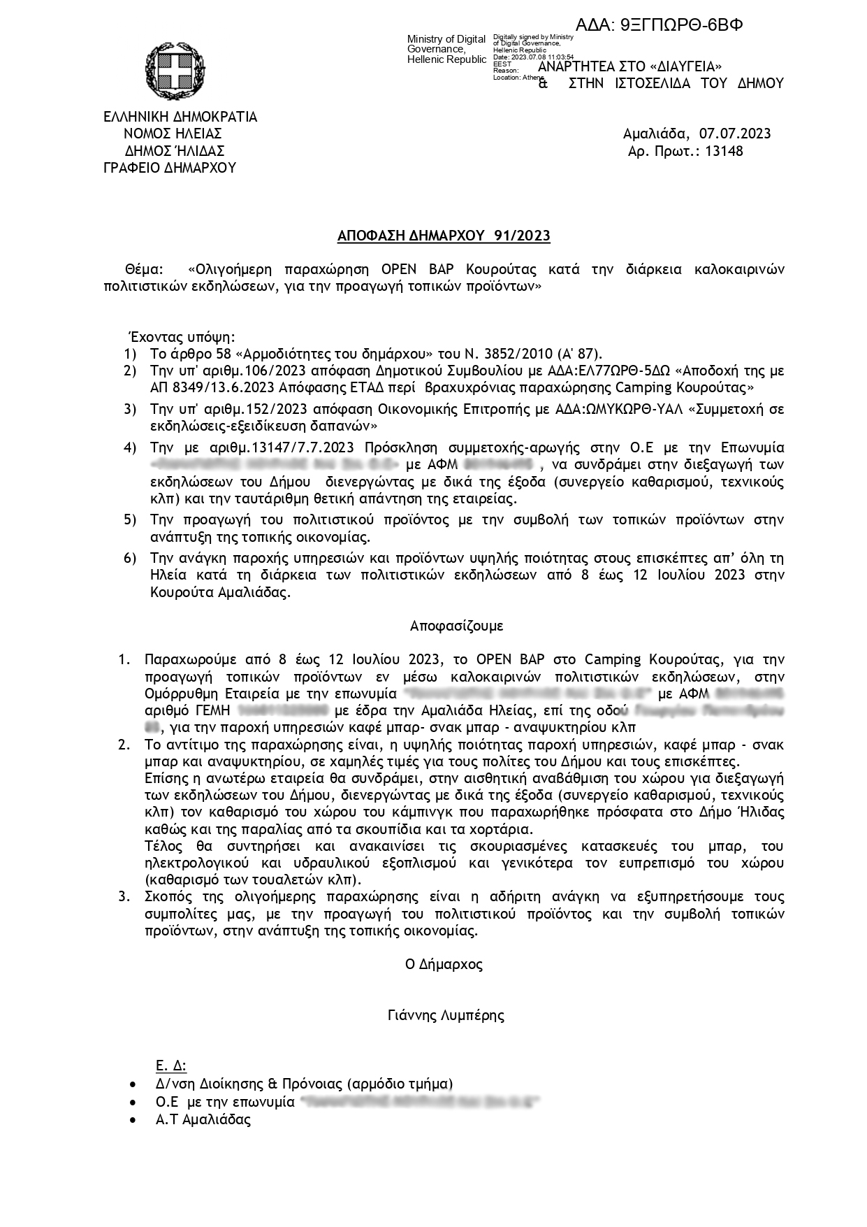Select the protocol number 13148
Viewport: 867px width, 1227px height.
[x=724, y=151]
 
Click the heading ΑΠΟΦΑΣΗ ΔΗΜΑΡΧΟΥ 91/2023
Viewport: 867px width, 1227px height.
[x=444, y=236]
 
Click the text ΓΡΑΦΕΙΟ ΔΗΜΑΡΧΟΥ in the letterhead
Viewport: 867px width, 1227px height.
[x=170, y=168]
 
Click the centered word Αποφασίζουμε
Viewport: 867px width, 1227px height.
[x=456, y=626]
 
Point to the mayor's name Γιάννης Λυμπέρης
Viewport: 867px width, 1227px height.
[x=446, y=1015]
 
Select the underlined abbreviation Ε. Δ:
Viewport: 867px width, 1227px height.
[x=171, y=1066]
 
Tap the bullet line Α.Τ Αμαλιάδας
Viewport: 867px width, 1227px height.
[x=203, y=1119]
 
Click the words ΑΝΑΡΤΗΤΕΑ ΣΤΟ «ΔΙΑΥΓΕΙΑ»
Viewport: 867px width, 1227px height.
[x=629, y=66]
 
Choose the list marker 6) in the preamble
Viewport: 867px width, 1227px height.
[x=130, y=558]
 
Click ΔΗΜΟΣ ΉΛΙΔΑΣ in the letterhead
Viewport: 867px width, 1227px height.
[x=175, y=151]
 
